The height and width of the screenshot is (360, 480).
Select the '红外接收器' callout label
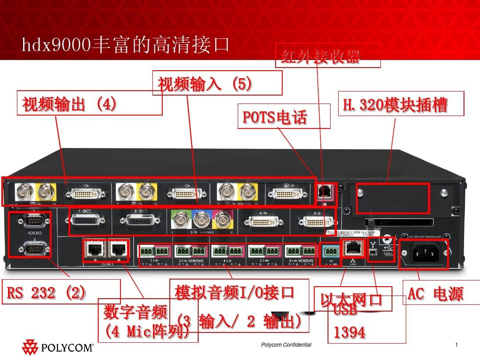pyautogui.click(x=320, y=56)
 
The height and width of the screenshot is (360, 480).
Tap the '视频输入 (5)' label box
pyautogui.click(x=205, y=83)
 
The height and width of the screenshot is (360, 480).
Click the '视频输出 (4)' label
pyautogui.click(x=70, y=104)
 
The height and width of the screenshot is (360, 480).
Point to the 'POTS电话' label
pyautogui.click(x=275, y=116)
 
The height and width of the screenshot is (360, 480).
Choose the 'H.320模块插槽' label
pyautogui.click(x=395, y=104)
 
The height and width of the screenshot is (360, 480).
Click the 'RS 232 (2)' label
pyautogui.click(x=46, y=293)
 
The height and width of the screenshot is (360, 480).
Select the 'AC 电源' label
pyautogui.click(x=436, y=294)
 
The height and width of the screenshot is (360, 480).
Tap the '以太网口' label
pyautogui.click(x=352, y=299)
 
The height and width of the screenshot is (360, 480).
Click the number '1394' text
pyautogui.click(x=350, y=332)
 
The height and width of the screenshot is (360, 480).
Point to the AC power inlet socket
pyautogui.click(x=423, y=255)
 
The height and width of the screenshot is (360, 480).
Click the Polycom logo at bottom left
pyautogui.click(x=57, y=347)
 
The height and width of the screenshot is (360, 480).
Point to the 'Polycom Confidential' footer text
pyautogui.click(x=286, y=345)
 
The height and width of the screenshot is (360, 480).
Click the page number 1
pyautogui.click(x=456, y=345)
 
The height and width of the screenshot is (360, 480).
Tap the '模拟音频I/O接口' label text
pyautogui.click(x=235, y=292)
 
